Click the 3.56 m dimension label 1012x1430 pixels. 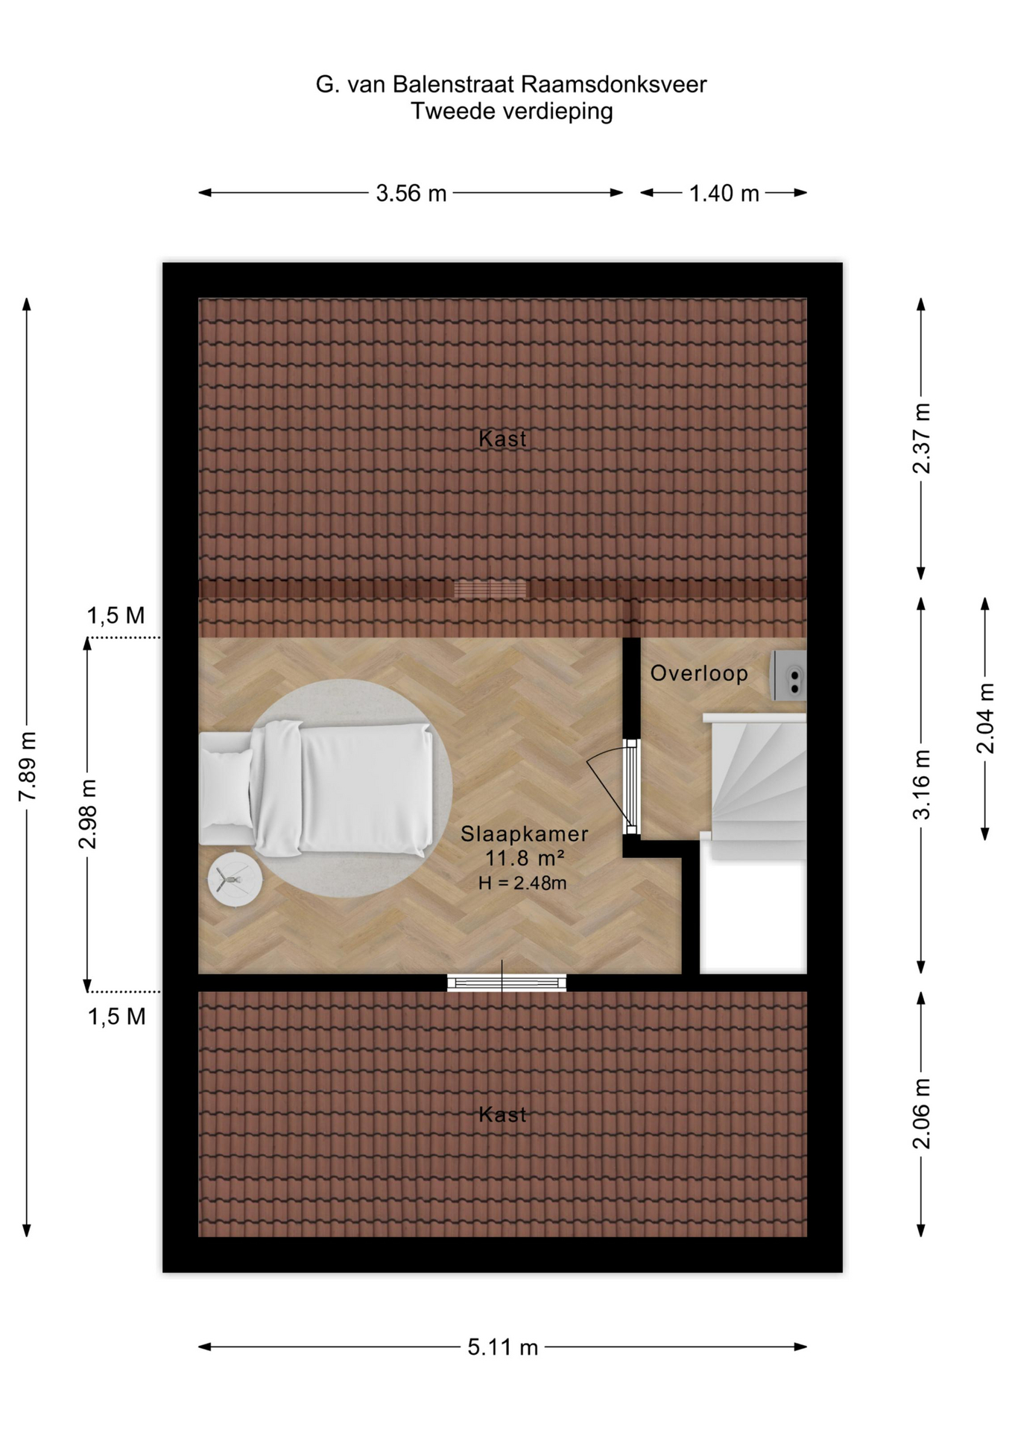click(411, 194)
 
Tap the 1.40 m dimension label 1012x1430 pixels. click(724, 194)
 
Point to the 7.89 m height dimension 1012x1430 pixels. click(28, 766)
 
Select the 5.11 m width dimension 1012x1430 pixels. click(502, 1347)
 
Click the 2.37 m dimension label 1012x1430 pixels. click(922, 438)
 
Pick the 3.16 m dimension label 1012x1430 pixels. click(922, 784)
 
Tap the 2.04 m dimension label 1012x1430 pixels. click(985, 718)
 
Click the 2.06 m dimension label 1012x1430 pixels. click(922, 1113)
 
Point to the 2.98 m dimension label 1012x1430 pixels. click(88, 814)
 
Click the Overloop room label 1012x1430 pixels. click(699, 673)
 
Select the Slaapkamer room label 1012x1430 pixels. click(524, 833)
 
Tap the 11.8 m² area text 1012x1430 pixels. click(525, 858)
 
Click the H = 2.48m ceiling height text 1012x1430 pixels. click(522, 883)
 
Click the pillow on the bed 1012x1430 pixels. click(227, 788)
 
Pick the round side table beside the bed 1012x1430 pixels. click(235, 880)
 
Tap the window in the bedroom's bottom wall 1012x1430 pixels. click(507, 983)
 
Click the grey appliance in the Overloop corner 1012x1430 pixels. click(789, 676)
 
